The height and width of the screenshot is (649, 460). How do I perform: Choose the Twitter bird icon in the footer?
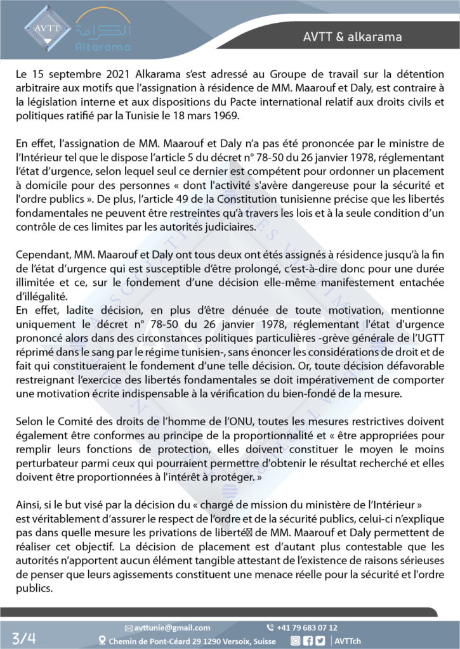coord(322,641)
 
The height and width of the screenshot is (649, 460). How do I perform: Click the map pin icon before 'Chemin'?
coord(103,641)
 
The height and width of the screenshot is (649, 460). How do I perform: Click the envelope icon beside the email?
coord(129,627)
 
